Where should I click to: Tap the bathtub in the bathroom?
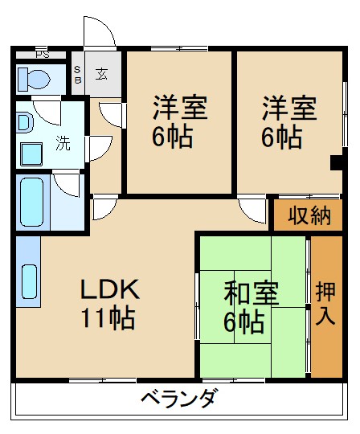pos(31,203)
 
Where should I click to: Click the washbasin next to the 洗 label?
pos(31,152)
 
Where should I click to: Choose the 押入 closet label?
pos(325,303)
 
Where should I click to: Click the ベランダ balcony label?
pos(178,398)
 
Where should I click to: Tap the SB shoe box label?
pos(78,74)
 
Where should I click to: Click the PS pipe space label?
pos(41,55)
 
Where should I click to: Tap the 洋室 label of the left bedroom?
pos(180,108)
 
